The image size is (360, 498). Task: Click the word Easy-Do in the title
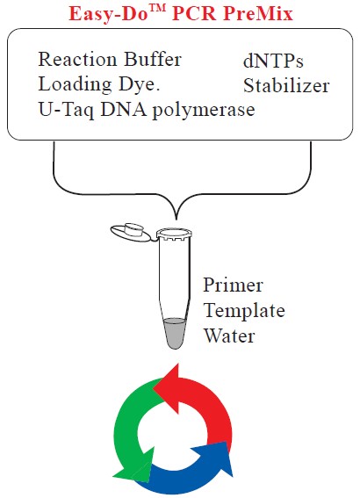(x=109, y=14)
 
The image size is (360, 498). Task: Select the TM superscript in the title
(x=157, y=9)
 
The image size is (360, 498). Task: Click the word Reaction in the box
(x=77, y=59)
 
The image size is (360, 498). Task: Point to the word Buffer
(x=153, y=59)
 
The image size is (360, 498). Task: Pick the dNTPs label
(x=273, y=61)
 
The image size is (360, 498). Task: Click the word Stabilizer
(x=286, y=85)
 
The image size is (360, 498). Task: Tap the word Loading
(x=75, y=85)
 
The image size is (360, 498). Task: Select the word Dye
(x=139, y=85)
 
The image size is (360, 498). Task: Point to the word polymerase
(x=204, y=111)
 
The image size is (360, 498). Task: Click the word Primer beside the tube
(x=233, y=285)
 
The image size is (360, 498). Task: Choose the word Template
(x=244, y=310)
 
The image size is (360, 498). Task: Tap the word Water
(x=229, y=336)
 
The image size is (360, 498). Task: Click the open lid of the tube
(x=131, y=232)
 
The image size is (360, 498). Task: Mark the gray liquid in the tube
(x=174, y=333)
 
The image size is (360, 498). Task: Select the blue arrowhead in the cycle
(x=215, y=458)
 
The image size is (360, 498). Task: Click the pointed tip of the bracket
(x=176, y=220)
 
